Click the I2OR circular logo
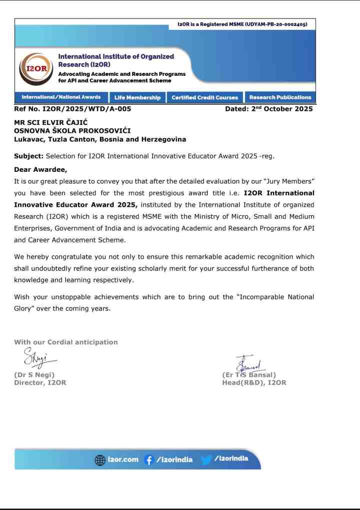[x=35, y=69]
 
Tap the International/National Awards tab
[x=61, y=97]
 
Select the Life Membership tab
[x=137, y=98]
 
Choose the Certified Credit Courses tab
[x=204, y=98]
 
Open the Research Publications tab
[x=280, y=98]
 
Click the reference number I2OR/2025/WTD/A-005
[x=72, y=109]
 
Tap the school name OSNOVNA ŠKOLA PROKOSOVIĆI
[x=72, y=131]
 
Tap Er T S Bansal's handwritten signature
[x=250, y=362]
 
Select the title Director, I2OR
[x=40, y=383]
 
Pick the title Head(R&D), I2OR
[x=254, y=383]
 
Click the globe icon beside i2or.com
[x=100, y=460]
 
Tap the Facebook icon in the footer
[x=148, y=460]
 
